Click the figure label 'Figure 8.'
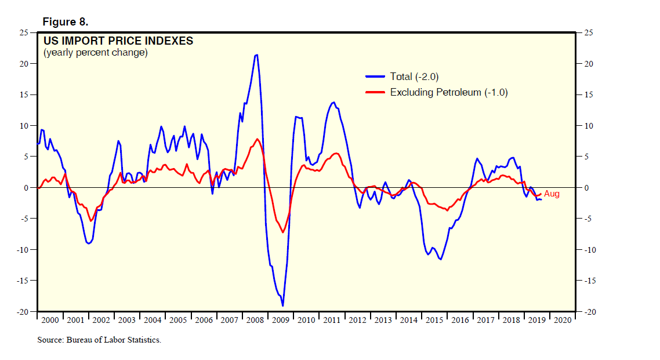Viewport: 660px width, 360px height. [x=65, y=22]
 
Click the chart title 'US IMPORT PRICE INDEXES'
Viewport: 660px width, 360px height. [x=118, y=41]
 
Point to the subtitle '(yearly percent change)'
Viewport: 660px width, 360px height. [x=96, y=53]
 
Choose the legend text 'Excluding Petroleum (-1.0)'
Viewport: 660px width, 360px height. [x=449, y=92]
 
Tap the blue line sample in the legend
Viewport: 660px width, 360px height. [x=375, y=77]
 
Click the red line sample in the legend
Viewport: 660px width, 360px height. [x=375, y=92]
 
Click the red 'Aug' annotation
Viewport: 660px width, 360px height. [x=552, y=194]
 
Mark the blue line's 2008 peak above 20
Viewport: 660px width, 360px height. [x=256, y=55]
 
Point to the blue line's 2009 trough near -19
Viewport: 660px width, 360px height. [x=282, y=306]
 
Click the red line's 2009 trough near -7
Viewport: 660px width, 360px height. [x=283, y=232]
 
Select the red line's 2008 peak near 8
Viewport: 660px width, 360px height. [x=257, y=139]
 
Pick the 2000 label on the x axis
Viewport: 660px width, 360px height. [x=50, y=320]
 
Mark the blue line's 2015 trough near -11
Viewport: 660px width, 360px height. [x=441, y=259]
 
